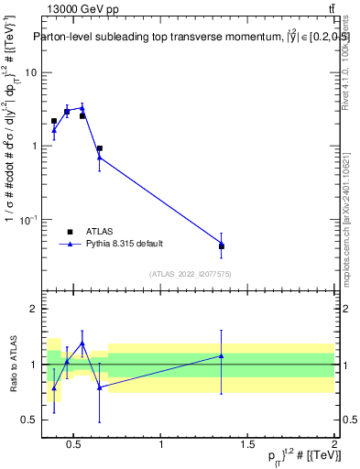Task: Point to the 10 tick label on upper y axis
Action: (29, 72)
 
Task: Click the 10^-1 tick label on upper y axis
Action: (27, 219)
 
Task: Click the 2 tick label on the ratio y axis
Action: (31, 310)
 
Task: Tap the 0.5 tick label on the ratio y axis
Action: (27, 420)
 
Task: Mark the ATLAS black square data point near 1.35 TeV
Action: (222, 246)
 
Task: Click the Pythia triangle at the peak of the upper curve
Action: (82, 107)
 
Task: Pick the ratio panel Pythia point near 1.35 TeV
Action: (222, 355)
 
